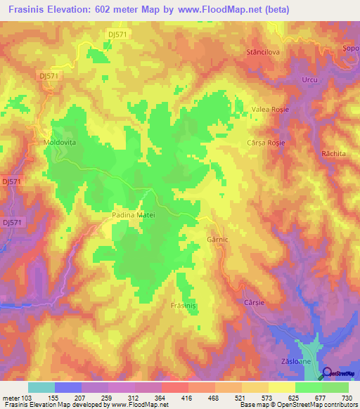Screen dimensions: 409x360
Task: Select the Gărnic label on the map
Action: coord(219,238)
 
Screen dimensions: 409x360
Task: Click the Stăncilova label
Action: coord(263,53)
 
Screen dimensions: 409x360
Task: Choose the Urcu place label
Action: coord(309,79)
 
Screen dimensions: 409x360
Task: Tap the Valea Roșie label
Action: coord(270,110)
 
